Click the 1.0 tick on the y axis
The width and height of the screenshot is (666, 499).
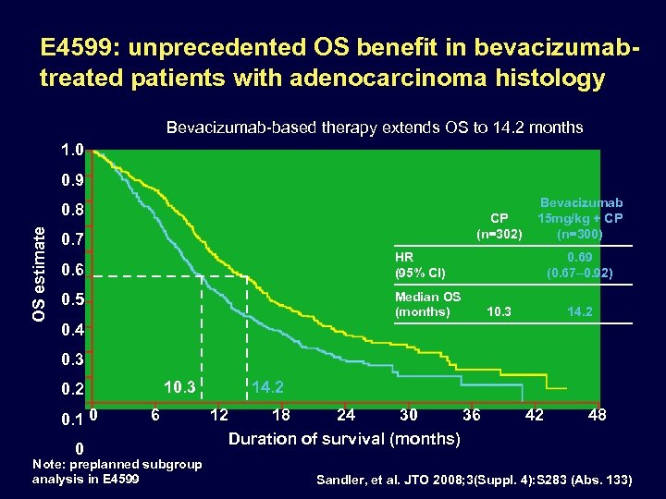click(71, 149)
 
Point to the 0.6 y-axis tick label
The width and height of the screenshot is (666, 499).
click(71, 270)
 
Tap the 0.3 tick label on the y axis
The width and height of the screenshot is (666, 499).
click(71, 359)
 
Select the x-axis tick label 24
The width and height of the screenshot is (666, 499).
click(346, 415)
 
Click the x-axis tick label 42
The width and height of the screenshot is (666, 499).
click(535, 415)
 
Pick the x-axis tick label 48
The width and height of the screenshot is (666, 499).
click(598, 415)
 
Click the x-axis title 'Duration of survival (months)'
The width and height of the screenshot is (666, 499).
click(344, 439)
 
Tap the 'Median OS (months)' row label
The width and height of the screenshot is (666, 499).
click(427, 304)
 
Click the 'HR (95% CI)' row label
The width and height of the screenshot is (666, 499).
click(420, 265)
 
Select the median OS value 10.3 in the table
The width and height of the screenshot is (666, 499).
click(499, 312)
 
